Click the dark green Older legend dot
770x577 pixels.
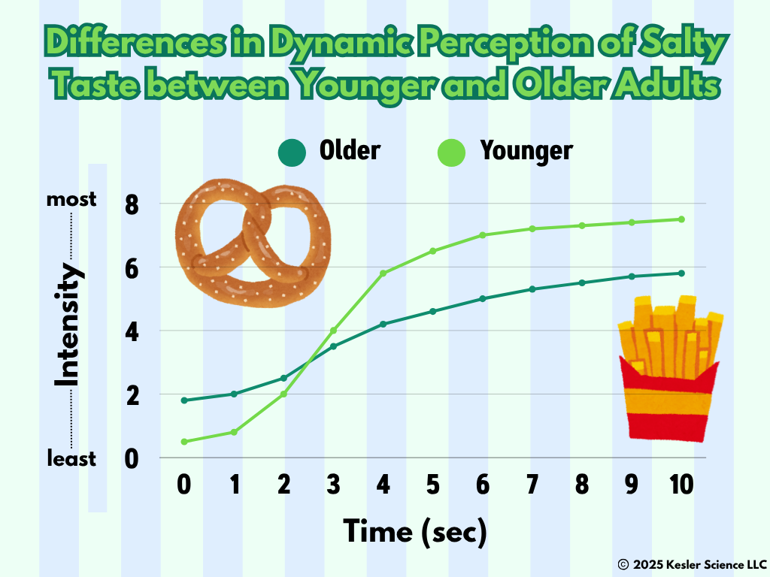293,152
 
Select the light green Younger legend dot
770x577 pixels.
451,152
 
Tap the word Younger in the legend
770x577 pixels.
526,150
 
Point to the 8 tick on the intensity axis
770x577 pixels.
132,204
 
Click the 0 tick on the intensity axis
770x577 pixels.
132,459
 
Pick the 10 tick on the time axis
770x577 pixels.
681,485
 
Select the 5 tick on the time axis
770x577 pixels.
432,485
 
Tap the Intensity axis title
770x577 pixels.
67,326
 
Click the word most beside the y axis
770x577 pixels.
71,200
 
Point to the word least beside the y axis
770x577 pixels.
71,459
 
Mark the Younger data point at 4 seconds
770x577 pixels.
383,273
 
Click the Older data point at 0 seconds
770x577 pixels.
184,400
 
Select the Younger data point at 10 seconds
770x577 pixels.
681,219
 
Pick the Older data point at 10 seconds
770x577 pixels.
681,273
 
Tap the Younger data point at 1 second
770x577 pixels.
234,432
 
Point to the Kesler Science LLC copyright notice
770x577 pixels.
692,565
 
